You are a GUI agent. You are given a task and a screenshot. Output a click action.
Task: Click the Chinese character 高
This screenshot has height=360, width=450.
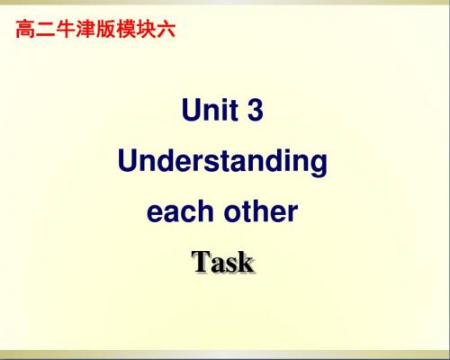[25, 29]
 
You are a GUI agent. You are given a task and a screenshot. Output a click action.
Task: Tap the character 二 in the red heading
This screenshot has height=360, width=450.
[45, 29]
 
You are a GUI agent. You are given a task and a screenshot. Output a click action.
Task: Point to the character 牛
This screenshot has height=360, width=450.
[66, 29]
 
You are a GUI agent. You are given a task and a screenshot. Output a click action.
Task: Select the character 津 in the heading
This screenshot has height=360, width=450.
[85, 29]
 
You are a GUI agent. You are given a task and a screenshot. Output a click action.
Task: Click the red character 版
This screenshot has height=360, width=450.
[105, 29]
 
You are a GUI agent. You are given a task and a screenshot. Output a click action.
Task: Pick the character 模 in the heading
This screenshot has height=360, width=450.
[126, 29]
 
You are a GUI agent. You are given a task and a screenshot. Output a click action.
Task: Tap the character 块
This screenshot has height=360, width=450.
[146, 29]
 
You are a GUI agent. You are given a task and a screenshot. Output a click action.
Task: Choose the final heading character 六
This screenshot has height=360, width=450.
[166, 29]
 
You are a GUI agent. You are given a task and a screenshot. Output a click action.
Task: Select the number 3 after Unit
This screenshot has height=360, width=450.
[256, 110]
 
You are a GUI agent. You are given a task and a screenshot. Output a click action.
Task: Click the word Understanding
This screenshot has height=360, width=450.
[222, 162]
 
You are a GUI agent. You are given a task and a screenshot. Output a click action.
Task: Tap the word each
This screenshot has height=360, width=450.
[180, 211]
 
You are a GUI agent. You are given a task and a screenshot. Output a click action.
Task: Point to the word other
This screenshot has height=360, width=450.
[261, 211]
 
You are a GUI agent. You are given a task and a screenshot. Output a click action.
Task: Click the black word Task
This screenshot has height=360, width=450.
[222, 262]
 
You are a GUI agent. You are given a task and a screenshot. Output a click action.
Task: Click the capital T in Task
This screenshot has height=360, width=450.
[201, 262]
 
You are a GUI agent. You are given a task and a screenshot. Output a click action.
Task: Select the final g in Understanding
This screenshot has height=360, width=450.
[319, 165]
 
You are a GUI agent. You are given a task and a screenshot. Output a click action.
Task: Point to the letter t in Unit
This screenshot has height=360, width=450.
[234, 112]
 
